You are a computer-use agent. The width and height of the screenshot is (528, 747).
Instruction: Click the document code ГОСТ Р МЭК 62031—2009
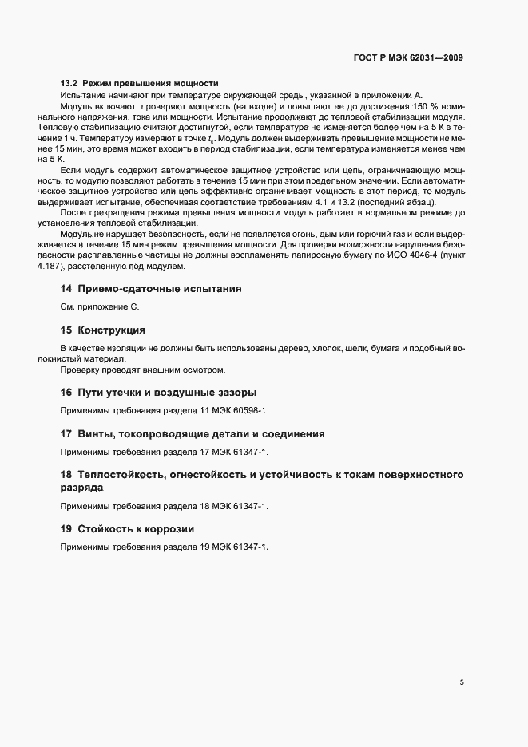coord(407,57)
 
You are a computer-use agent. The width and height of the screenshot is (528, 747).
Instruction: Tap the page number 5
coord(462,682)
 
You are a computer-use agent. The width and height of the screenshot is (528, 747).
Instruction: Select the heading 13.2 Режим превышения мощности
coord(140,84)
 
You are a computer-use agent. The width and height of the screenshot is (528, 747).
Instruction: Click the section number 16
coord(66,392)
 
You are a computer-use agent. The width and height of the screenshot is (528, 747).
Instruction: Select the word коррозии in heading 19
coord(169,528)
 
